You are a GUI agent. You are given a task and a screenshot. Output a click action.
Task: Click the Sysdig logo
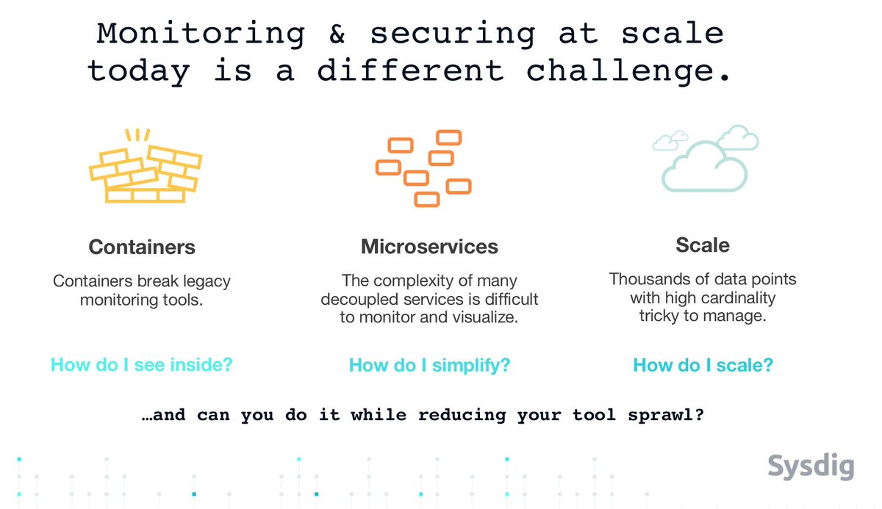pos(811,466)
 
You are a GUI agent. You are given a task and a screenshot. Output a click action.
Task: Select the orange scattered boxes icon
pos(423,167)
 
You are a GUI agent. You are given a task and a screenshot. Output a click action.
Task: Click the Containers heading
pos(142,247)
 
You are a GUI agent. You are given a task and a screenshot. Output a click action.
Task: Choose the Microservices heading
pos(429,247)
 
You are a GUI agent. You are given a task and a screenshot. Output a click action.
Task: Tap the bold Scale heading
pos(703,245)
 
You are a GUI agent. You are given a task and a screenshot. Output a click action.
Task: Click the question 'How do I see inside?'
pos(141,364)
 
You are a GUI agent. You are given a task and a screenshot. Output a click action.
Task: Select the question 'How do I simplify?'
pos(429,365)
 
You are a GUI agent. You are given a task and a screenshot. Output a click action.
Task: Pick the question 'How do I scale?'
pos(703,365)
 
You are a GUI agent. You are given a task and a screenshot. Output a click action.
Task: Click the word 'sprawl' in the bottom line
pos(668,415)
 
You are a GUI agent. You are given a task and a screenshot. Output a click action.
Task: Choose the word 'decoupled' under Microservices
pos(356,300)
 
